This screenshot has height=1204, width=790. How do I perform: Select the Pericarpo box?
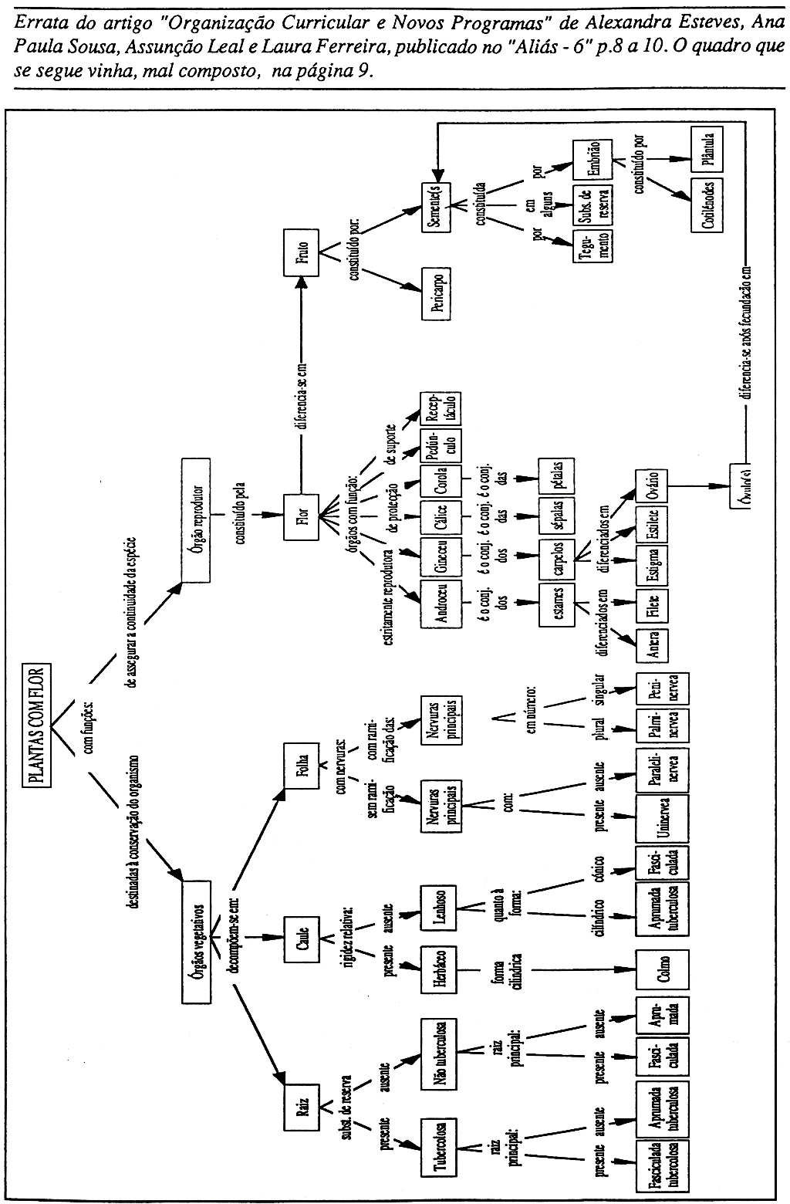pos(436,293)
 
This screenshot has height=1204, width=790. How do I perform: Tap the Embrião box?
pos(592,160)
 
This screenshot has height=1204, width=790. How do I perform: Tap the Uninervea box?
pos(662,817)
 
